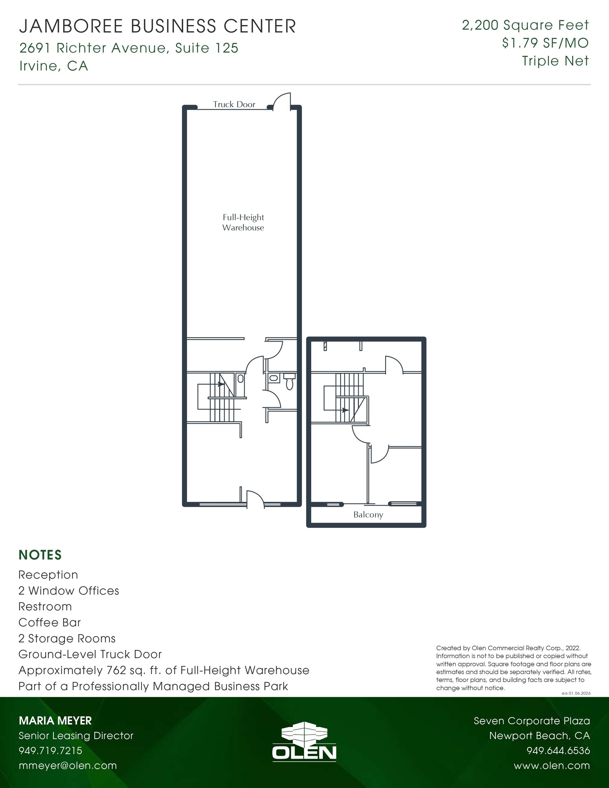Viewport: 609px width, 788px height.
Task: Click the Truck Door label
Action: pos(234,104)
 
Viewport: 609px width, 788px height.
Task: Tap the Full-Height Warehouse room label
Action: pos(243,222)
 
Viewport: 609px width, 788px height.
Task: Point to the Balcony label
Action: pos(368,515)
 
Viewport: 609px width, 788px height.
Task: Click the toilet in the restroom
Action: pos(290,382)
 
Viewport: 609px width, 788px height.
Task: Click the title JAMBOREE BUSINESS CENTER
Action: pos(158,27)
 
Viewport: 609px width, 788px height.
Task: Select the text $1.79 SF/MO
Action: pos(545,43)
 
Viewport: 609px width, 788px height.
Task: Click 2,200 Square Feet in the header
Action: pos(525,25)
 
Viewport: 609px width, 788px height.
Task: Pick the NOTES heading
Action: pos(40,555)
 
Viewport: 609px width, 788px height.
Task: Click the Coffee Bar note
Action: pos(50,622)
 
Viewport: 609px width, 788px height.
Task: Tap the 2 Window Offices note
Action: pos(68,591)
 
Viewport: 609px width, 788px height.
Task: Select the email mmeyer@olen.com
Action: pos(68,765)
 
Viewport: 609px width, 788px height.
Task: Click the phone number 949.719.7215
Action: pos(50,750)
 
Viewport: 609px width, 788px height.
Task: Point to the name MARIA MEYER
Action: pos(55,720)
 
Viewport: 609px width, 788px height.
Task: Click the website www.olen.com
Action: pos(551,765)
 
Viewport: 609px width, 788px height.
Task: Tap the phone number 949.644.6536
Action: pos(558,750)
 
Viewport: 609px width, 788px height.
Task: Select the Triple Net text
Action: pos(555,61)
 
